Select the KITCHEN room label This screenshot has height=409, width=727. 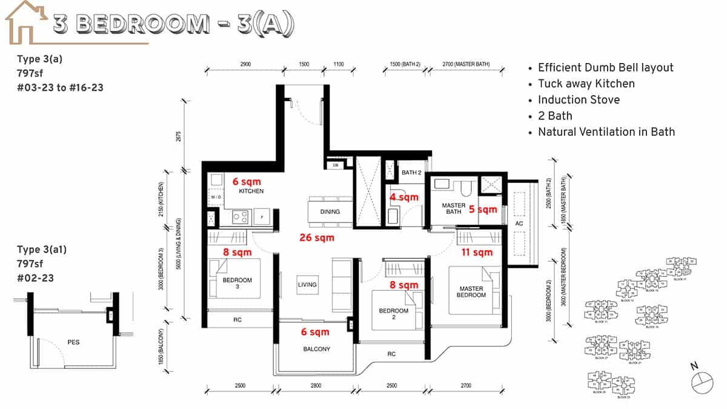251,191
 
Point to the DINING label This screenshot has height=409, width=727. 330,212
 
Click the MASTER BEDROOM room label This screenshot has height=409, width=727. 471,291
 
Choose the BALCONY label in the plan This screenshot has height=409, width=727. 316,349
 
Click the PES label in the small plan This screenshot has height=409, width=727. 73,342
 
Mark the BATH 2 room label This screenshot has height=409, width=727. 411,173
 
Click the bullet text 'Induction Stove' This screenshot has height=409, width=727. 579,100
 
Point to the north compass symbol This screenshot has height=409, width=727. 703,378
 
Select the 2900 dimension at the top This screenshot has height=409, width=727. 245,64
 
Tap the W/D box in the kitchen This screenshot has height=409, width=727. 216,198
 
